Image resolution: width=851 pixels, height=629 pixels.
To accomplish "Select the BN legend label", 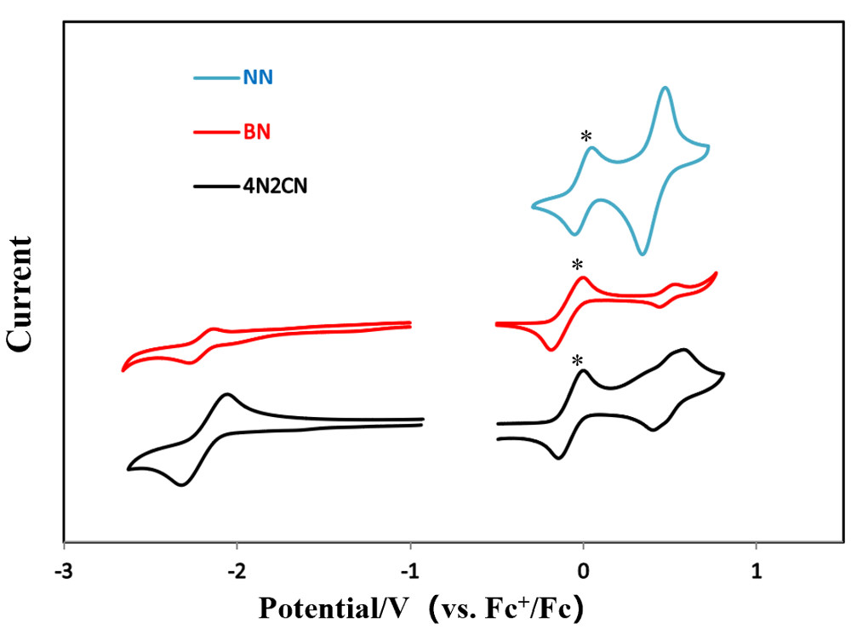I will point(257,132).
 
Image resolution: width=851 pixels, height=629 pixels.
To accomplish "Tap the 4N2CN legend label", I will point(274,183).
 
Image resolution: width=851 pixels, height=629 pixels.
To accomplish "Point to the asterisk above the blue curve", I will point(586,137).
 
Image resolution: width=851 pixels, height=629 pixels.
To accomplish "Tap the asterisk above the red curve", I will point(579,265).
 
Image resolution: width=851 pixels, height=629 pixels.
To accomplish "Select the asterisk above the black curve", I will point(579,361).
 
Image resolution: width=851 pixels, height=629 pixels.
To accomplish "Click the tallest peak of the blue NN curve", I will point(665,88).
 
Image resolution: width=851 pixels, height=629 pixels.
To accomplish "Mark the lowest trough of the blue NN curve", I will point(643,254).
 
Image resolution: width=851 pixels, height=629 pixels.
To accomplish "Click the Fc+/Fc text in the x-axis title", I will point(545,609).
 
